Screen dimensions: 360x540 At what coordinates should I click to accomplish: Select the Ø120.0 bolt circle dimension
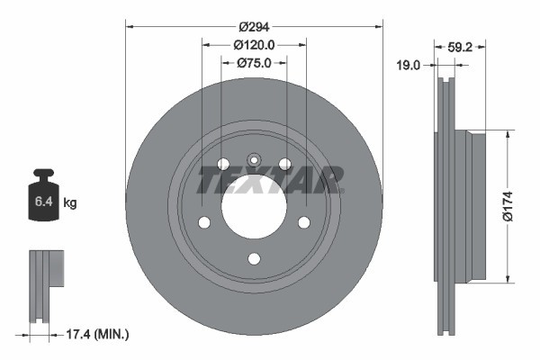click(254, 44)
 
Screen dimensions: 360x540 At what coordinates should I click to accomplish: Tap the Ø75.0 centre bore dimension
click(254, 62)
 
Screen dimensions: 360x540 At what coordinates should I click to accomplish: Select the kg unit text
click(70, 203)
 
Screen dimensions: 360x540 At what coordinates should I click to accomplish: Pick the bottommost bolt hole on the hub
click(254, 259)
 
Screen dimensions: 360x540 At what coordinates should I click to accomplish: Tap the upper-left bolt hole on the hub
click(222, 164)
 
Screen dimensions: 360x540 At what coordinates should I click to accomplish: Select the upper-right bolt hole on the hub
click(285, 164)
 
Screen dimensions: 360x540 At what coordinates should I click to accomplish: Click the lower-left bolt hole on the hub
click(203, 222)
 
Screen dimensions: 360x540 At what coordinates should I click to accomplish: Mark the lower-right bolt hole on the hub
click(304, 222)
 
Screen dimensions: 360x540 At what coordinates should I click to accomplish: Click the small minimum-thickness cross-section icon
click(46, 287)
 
